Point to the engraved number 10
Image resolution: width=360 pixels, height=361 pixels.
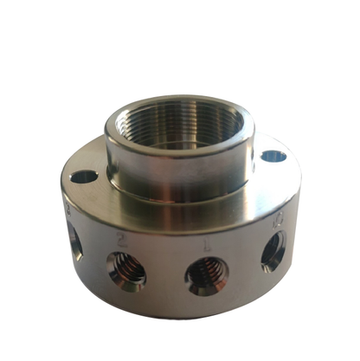(277, 220)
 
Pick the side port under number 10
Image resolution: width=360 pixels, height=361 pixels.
(273, 251)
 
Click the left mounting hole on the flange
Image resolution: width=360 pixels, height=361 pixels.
(85, 177)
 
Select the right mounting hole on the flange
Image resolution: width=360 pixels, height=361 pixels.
(273, 157)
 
